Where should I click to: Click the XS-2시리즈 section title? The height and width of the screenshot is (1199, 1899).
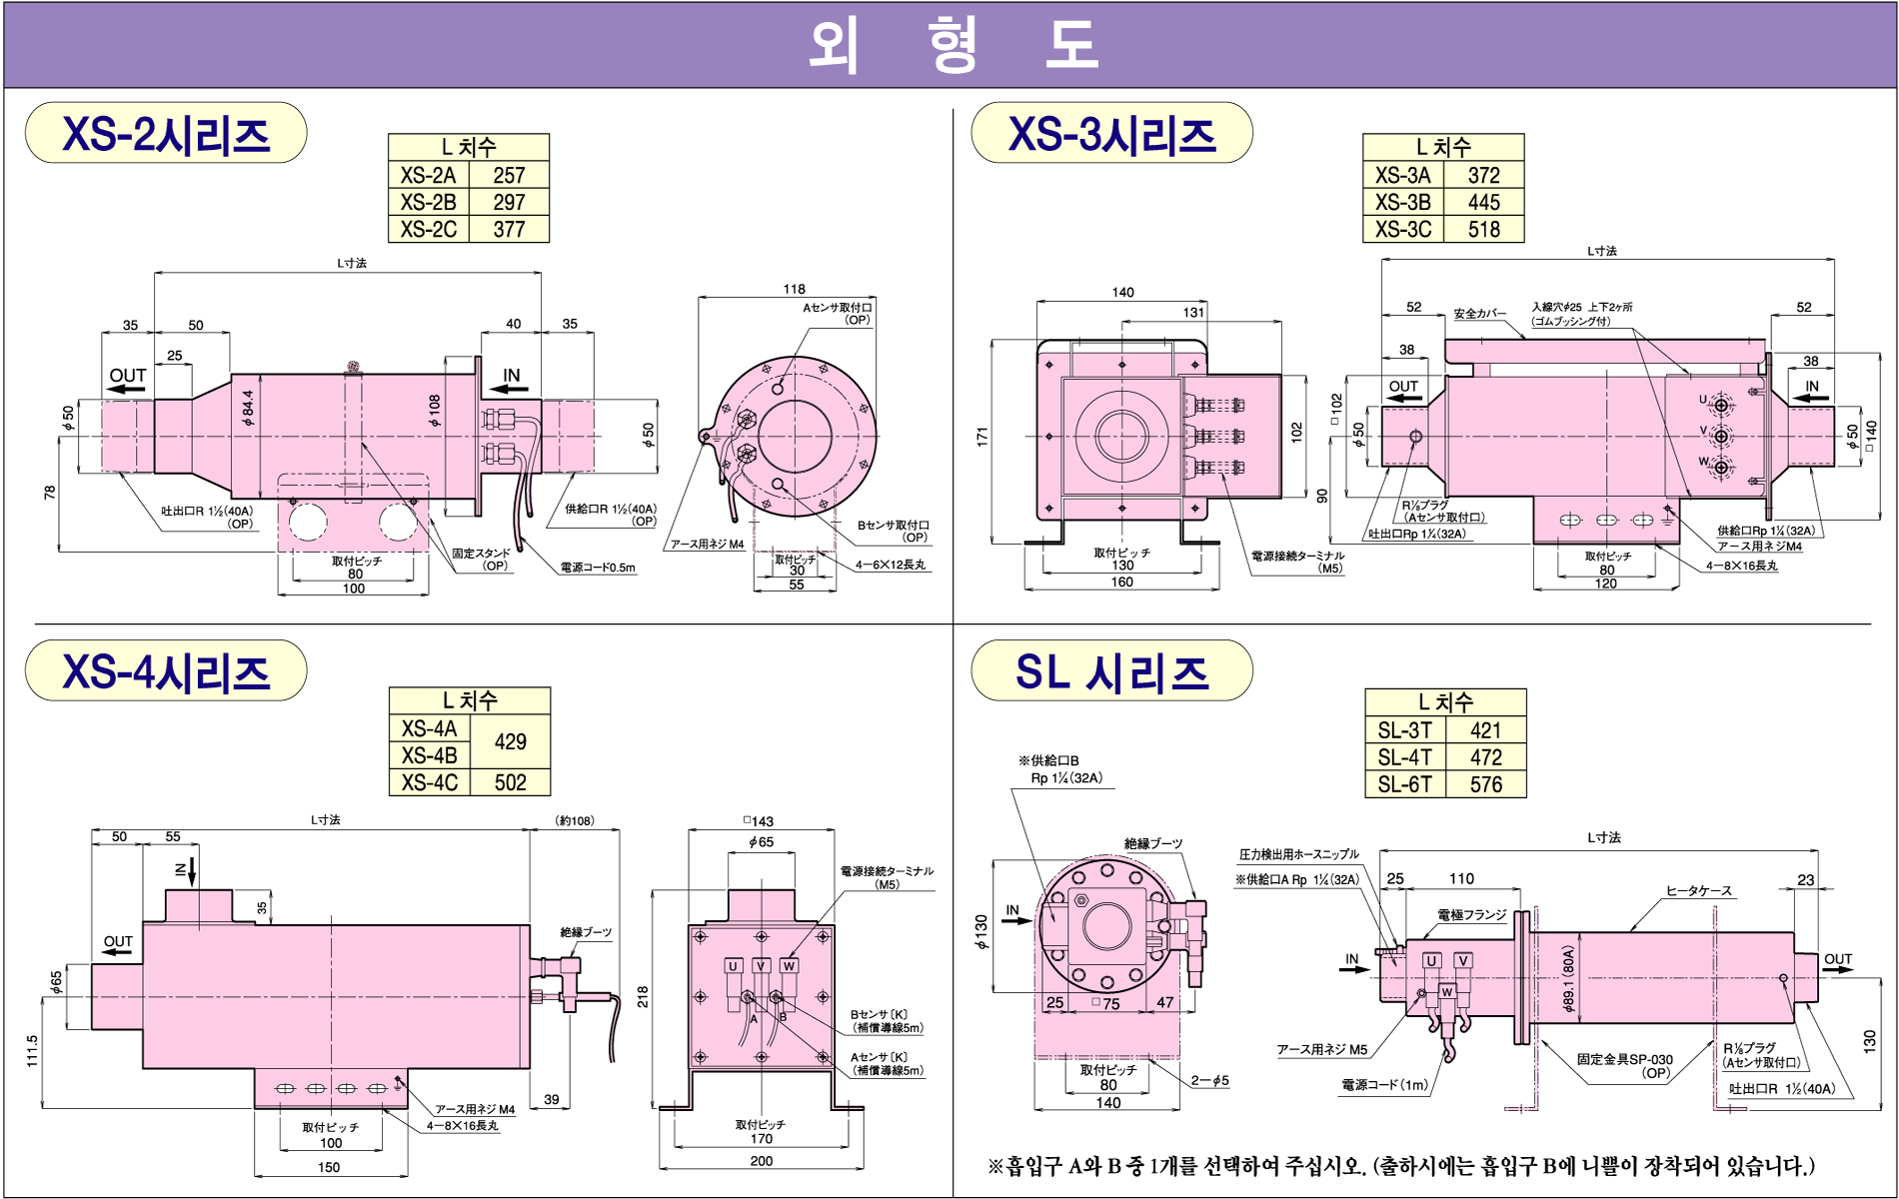[x=166, y=134]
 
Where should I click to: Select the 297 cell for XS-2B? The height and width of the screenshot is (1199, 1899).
[x=509, y=202]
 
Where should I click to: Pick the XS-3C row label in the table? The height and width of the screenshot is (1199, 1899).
[x=1402, y=230]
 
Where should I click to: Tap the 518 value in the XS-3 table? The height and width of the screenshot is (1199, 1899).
[x=1483, y=230]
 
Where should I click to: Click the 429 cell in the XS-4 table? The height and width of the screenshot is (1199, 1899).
[x=510, y=741]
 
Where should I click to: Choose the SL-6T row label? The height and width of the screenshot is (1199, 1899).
[x=1404, y=784]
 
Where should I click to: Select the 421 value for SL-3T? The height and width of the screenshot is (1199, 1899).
[x=1485, y=730]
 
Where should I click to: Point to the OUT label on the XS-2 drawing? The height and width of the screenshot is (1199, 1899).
[x=128, y=376]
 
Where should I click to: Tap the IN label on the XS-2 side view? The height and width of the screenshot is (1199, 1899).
[x=512, y=376]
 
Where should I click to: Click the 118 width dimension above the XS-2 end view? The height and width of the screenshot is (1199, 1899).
[x=794, y=289]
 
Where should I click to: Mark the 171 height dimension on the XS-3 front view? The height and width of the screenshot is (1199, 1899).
[x=982, y=436]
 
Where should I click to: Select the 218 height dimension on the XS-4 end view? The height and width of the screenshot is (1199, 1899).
[x=643, y=996]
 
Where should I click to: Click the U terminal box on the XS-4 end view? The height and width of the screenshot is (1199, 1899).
[x=733, y=966]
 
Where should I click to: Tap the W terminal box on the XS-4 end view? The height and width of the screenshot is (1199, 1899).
[x=790, y=966]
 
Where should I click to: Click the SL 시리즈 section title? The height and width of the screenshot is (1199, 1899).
[x=1111, y=671]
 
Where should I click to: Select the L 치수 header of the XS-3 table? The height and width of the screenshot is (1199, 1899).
[x=1443, y=147]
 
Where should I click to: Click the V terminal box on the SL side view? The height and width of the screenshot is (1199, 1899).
[x=1462, y=960]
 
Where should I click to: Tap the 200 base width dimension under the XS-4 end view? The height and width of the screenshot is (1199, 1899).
[x=762, y=1161]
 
